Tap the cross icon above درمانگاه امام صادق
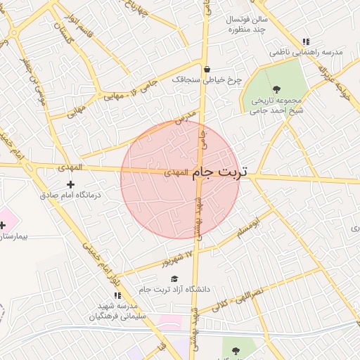pos(70,184)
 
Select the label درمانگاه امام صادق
pos(70,194)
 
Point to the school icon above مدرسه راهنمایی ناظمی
pos(305,42)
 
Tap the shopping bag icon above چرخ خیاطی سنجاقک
pos(207,70)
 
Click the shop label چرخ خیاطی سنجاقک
pos(207,80)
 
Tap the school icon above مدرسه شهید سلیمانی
pos(117,296)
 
